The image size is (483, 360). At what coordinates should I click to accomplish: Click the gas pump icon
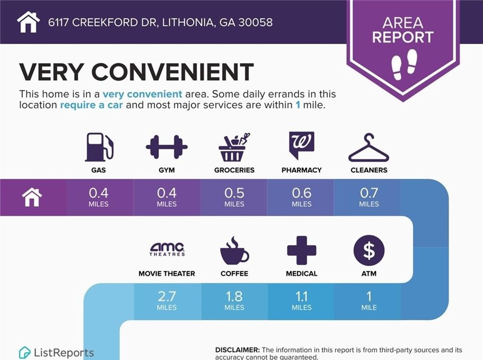(99, 147)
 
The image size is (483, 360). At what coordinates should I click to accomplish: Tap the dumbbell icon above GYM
(167, 147)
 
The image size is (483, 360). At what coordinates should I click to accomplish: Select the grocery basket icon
(234, 147)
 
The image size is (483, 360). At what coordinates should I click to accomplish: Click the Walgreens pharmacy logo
(301, 146)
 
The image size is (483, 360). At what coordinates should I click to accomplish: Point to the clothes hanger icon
(369, 147)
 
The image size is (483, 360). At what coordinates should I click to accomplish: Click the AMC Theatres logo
(167, 249)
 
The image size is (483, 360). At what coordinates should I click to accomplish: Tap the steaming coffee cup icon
(234, 251)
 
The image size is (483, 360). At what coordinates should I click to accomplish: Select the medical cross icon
(301, 250)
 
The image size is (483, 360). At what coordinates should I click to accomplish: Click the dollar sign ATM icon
(369, 250)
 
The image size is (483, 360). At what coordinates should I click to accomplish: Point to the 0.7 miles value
(369, 197)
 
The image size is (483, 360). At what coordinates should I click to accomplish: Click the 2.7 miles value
(167, 300)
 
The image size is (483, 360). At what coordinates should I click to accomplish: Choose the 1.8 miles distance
(234, 300)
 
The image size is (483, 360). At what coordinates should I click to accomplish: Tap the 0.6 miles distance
(301, 197)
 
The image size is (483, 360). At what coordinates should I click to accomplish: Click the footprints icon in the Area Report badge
(404, 64)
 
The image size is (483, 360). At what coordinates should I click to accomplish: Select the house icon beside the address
(28, 22)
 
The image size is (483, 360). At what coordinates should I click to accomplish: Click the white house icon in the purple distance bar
(32, 197)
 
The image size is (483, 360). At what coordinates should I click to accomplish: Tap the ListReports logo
(56, 353)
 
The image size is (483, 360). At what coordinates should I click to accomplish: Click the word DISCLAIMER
(237, 350)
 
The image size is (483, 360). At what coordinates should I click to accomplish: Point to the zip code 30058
(255, 22)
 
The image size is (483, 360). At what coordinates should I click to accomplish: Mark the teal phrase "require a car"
(91, 105)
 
